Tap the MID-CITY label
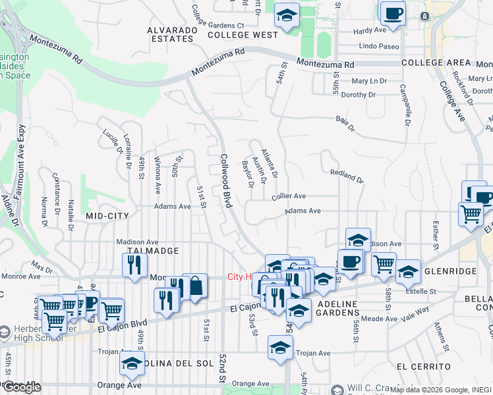click(x=105, y=215)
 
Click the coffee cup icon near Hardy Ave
click(x=393, y=13)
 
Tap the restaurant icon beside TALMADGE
click(x=134, y=265)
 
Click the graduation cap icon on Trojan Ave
click(x=280, y=347)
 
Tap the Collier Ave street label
click(x=289, y=196)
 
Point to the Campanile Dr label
click(x=404, y=105)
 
